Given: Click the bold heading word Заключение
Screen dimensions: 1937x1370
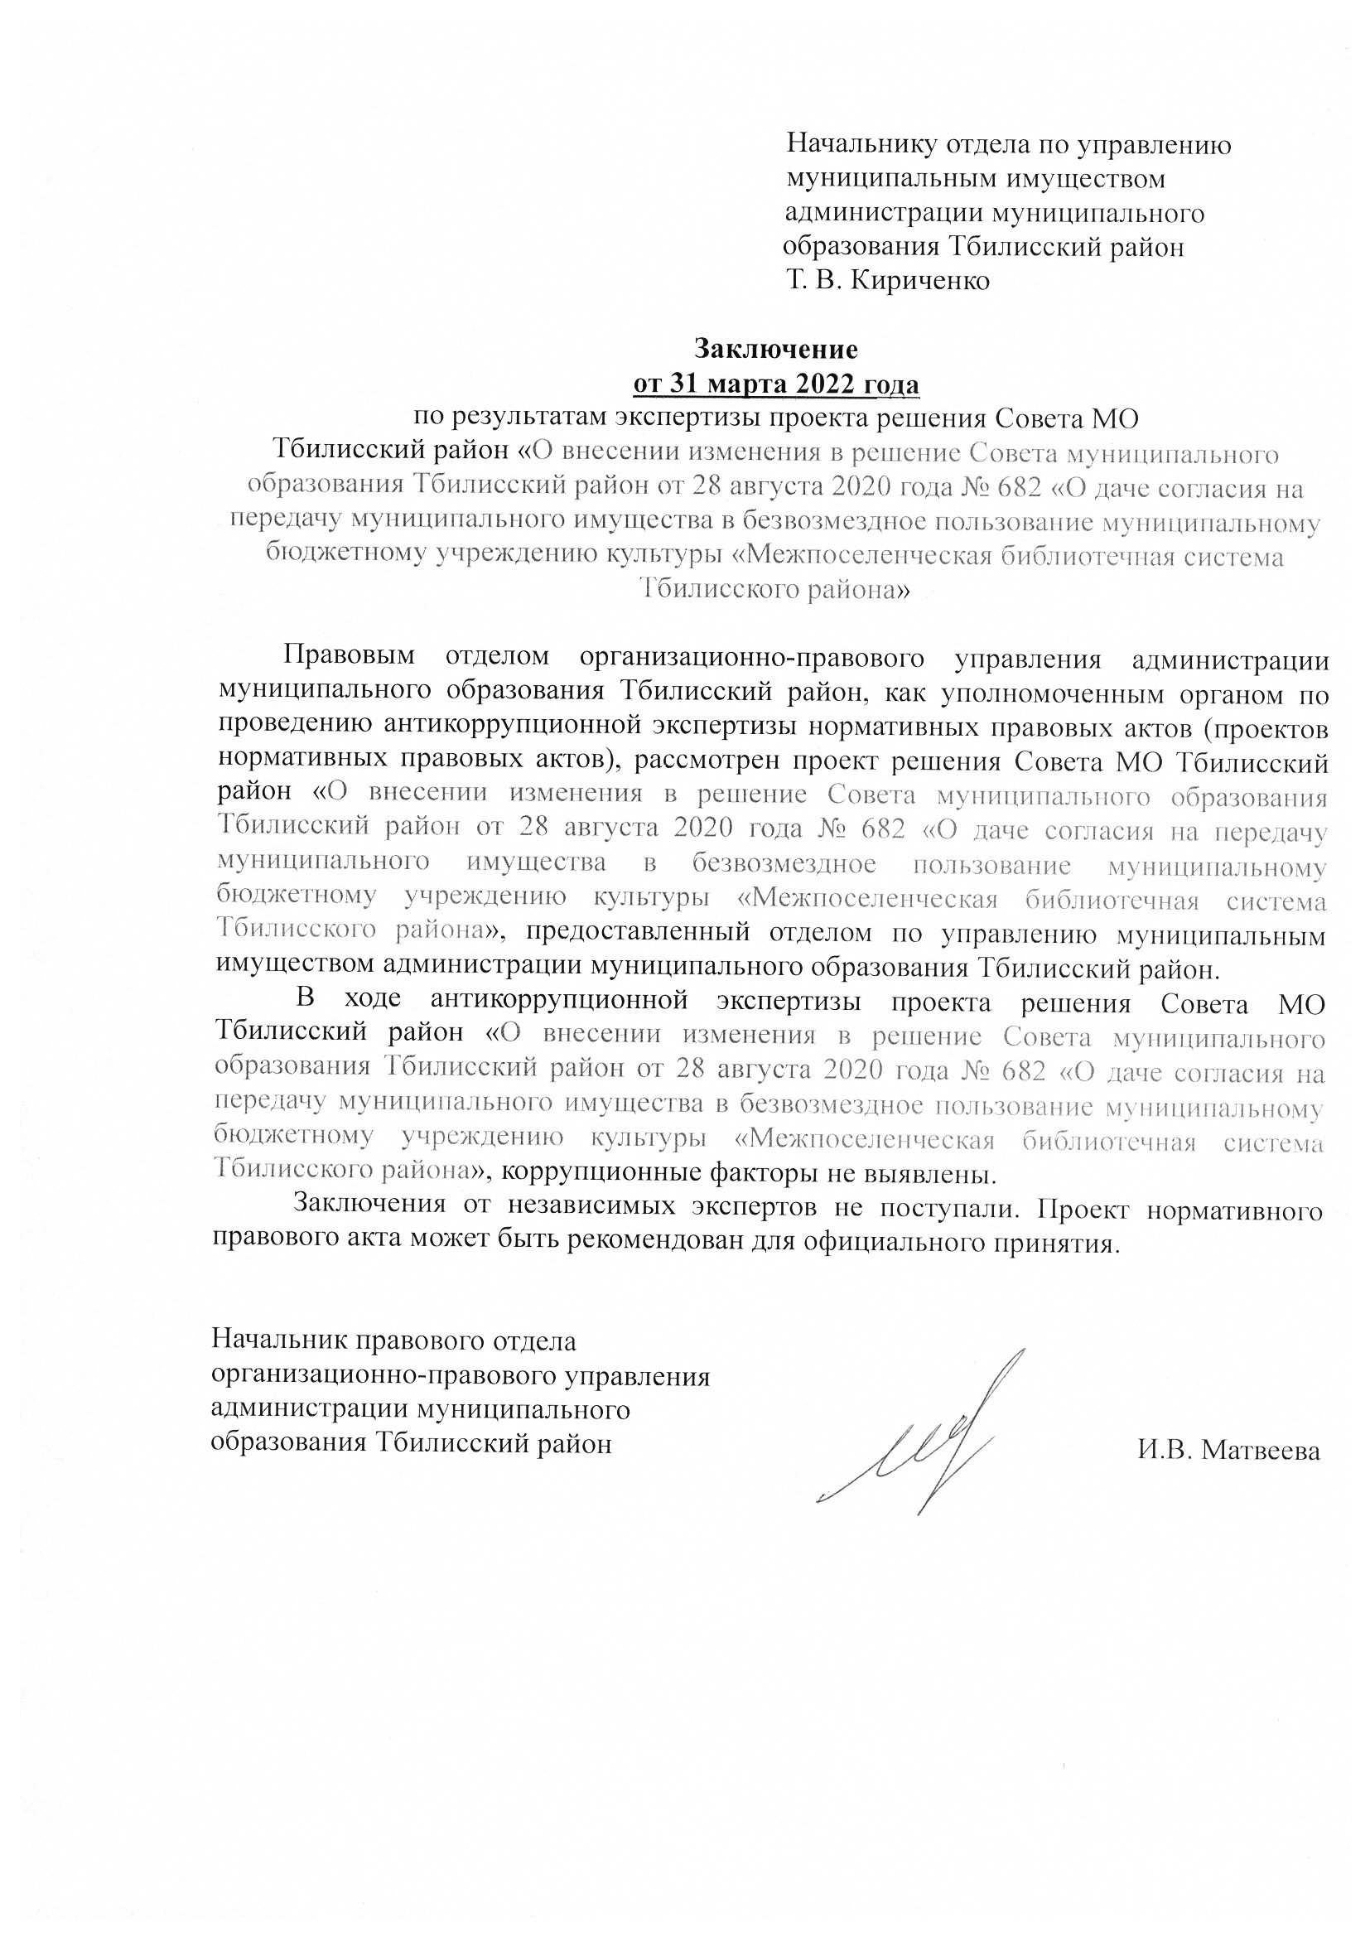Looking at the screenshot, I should coord(775,349).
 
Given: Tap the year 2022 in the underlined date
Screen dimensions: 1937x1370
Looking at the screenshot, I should coord(823,384).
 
